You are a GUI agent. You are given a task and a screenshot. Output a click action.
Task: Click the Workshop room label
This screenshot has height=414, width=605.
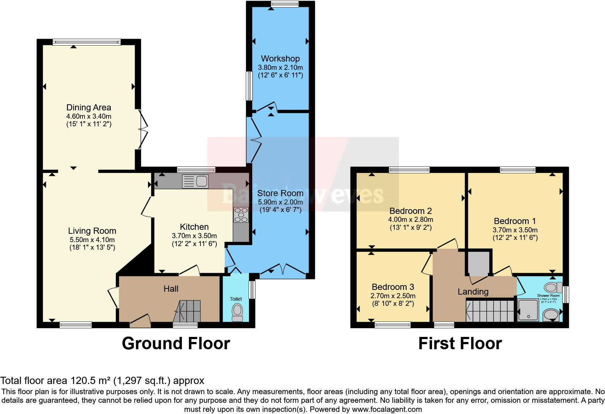click(280, 58)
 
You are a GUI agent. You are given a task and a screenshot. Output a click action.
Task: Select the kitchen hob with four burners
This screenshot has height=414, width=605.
click(241, 215)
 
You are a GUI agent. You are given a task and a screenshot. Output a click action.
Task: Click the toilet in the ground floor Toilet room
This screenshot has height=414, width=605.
click(237, 312)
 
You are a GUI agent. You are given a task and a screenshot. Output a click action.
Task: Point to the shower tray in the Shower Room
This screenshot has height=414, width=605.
click(528, 310)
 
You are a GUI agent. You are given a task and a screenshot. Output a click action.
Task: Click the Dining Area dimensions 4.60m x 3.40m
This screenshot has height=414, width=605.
click(89, 117)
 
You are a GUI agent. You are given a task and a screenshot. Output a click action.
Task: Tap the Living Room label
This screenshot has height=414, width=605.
click(92, 231)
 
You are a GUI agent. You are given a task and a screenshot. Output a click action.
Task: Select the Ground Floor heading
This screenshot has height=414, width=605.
click(176, 343)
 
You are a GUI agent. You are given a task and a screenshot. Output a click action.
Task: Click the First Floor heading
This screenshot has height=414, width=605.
click(460, 343)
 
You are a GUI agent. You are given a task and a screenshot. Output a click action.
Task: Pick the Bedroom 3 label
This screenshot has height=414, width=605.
click(393, 287)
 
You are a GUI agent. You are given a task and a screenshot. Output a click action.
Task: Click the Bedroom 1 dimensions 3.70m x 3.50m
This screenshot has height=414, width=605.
click(515, 230)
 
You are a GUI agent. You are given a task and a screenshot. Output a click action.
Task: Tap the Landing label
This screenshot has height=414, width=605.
click(473, 292)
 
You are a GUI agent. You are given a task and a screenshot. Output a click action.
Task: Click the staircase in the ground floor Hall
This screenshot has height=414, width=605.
click(187, 311)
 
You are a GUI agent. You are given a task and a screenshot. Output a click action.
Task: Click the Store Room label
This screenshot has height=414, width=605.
click(280, 193)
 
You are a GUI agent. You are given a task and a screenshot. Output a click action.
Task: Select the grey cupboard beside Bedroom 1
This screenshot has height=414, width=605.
click(478, 263)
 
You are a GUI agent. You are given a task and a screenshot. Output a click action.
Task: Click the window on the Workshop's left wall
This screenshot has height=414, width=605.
click(249, 86)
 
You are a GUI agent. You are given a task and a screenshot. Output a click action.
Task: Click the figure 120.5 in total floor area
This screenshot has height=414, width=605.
click(80, 381)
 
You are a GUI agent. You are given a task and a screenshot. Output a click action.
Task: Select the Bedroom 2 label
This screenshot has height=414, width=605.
click(410, 211)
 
